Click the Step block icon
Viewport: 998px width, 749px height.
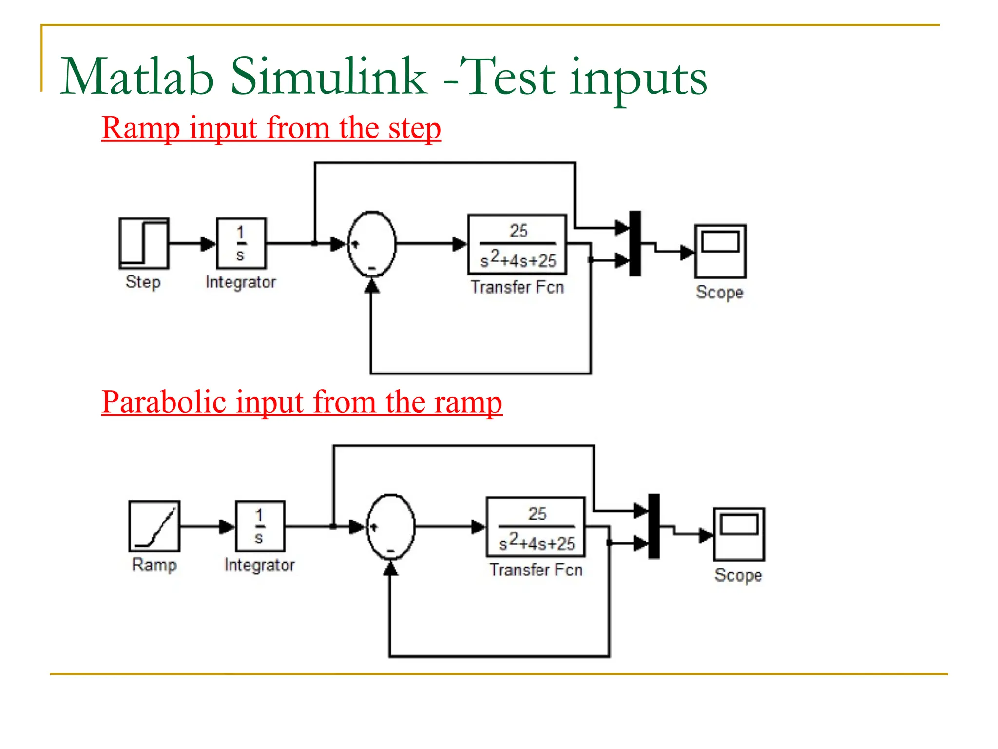(144, 243)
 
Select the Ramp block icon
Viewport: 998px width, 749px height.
(154, 526)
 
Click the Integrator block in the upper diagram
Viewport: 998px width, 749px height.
(241, 243)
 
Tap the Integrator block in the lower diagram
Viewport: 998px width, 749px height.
(260, 526)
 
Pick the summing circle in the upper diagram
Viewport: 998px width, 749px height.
(372, 244)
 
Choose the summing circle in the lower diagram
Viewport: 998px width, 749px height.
(390, 527)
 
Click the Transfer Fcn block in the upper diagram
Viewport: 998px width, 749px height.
(517, 244)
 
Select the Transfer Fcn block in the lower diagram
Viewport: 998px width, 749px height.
(536, 527)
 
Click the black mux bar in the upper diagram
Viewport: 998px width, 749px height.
(635, 243)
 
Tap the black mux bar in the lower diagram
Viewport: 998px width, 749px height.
(654, 526)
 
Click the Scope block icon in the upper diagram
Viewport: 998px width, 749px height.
(720, 251)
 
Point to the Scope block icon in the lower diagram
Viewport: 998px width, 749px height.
(739, 534)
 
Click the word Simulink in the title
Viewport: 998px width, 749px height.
(328, 77)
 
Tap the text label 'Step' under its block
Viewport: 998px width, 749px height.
(143, 282)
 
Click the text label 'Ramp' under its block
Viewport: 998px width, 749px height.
(154, 565)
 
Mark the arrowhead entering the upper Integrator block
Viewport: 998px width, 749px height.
(209, 243)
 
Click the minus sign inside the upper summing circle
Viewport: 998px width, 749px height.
(372, 268)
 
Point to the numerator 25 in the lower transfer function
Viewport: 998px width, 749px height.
(537, 513)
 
